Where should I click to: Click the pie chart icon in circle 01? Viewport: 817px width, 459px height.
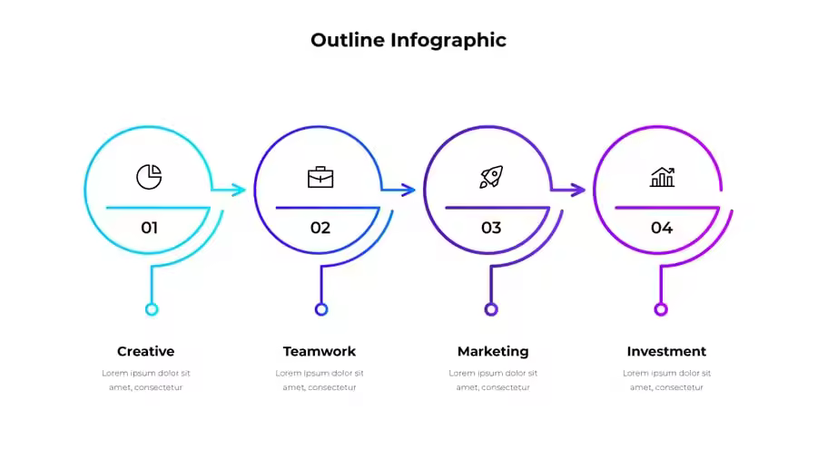click(149, 177)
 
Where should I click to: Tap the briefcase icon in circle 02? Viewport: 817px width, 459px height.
click(320, 177)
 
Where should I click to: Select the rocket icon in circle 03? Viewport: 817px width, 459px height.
click(491, 177)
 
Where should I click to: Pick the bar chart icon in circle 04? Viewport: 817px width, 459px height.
click(663, 177)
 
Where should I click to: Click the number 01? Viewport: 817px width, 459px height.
click(149, 228)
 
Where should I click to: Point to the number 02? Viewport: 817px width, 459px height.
click(320, 228)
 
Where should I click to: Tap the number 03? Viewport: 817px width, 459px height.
click(491, 228)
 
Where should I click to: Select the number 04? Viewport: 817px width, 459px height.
click(662, 228)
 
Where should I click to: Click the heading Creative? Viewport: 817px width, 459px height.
click(146, 351)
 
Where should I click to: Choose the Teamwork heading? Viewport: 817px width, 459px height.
click(320, 351)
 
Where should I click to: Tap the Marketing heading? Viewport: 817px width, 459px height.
click(493, 352)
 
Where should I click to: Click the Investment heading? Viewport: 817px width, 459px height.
click(666, 351)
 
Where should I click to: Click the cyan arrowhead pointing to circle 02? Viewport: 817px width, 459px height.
click(239, 190)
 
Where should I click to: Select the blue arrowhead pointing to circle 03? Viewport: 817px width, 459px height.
click(409, 190)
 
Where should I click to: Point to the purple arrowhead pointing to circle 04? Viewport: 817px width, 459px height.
click(579, 190)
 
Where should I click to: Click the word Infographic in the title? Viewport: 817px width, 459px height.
click(448, 41)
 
